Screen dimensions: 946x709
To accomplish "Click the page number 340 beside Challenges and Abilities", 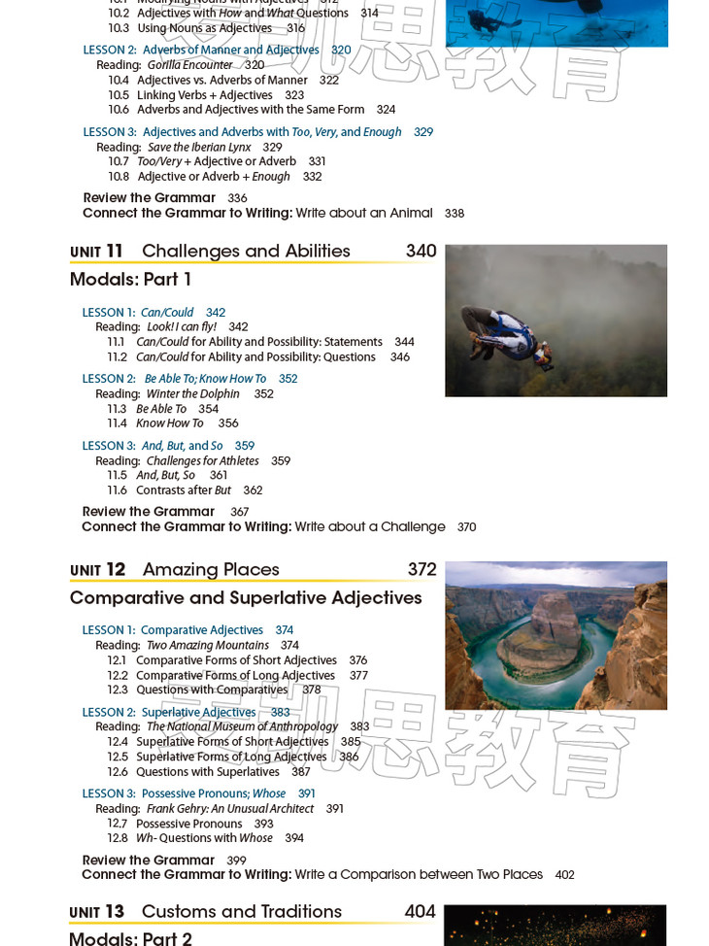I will (x=421, y=251).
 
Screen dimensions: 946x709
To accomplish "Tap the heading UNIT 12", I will (x=98, y=570).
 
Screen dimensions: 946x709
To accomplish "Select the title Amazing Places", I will (x=211, y=570).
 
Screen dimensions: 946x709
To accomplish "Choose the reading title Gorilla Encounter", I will (x=190, y=65).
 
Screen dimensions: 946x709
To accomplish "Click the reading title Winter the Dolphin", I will (x=192, y=394).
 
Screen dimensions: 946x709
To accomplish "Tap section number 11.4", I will (x=117, y=423).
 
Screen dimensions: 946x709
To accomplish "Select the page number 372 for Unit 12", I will (x=422, y=569).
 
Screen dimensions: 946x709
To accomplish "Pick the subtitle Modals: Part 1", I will (x=131, y=280).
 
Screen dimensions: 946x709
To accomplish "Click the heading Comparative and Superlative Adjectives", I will (x=246, y=598).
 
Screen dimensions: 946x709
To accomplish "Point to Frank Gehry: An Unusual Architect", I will (x=230, y=809).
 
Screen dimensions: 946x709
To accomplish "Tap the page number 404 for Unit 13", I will (x=420, y=912).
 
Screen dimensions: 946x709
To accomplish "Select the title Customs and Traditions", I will (x=242, y=912).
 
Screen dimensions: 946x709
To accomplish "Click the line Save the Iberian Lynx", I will (x=199, y=148).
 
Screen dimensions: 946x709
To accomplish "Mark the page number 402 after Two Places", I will (x=564, y=875).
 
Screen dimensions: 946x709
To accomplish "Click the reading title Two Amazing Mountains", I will (x=207, y=646).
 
